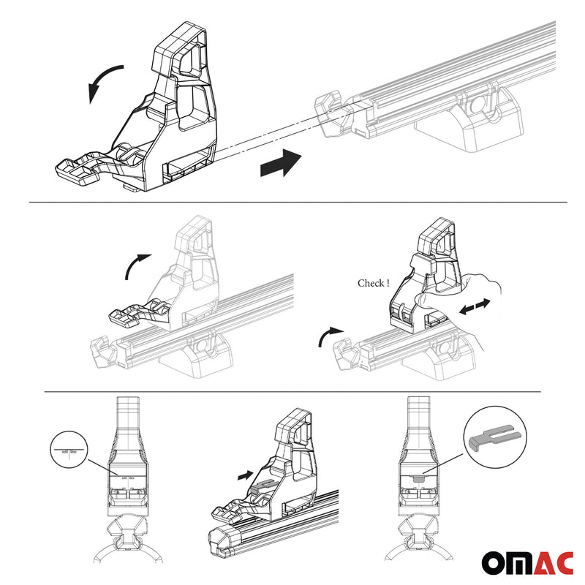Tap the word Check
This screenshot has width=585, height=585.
[372, 283]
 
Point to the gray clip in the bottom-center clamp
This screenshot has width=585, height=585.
[262, 484]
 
